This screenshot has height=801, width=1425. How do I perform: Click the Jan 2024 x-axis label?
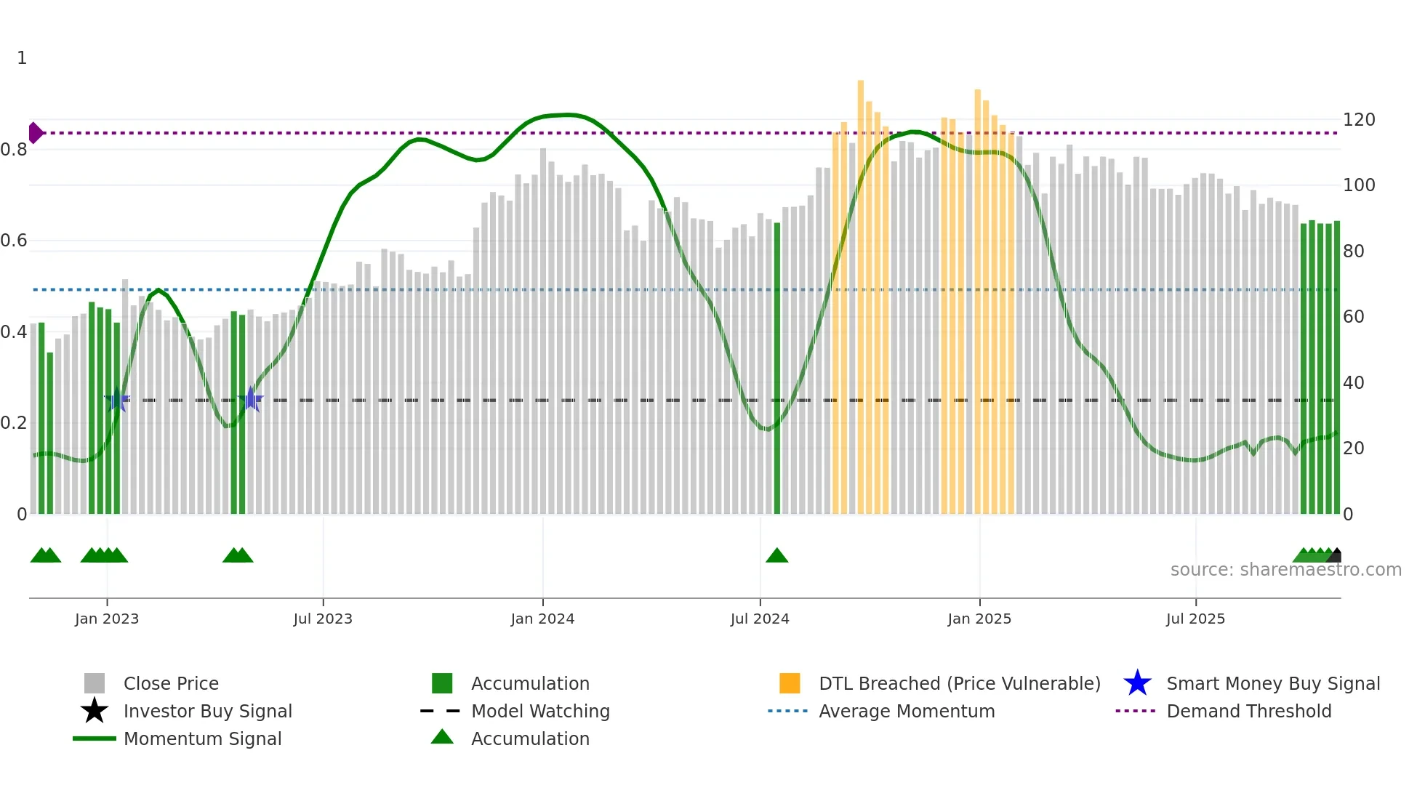tap(542, 619)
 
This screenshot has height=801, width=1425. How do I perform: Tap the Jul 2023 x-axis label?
tap(323, 619)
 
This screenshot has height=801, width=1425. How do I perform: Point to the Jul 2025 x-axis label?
tap(1195, 619)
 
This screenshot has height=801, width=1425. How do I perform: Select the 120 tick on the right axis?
tap(1358, 120)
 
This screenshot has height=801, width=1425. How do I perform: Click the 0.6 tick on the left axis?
tap(14, 241)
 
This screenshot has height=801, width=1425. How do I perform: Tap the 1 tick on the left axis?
tap(22, 58)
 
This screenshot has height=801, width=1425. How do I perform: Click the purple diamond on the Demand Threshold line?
tap(35, 133)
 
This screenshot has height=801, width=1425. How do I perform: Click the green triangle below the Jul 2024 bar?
tap(776, 556)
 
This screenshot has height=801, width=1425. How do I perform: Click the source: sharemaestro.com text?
tap(1285, 570)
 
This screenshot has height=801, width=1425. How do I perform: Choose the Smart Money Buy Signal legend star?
tap(1137, 683)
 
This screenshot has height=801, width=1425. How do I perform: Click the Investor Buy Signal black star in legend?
tap(95, 711)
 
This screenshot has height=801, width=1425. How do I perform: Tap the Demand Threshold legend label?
tap(1248, 711)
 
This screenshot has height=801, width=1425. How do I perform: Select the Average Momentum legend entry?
tap(906, 711)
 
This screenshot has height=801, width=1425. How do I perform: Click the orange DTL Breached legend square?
tap(790, 683)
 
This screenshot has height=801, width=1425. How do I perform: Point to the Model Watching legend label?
tap(540, 711)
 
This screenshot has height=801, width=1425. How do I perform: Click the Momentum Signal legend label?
tap(202, 738)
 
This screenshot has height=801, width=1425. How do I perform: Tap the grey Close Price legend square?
tap(95, 683)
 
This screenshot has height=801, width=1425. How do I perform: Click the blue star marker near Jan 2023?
tap(116, 400)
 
